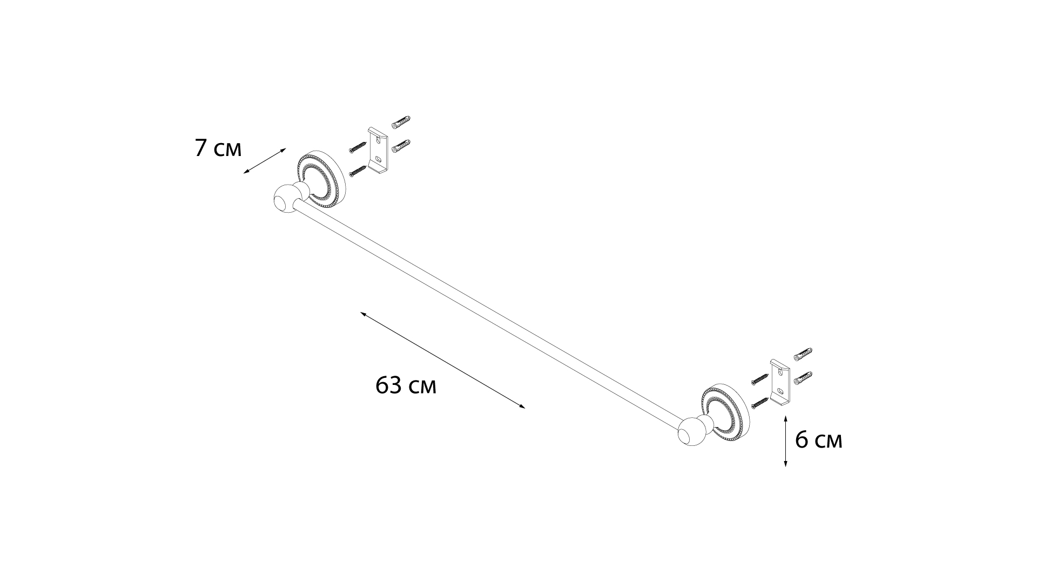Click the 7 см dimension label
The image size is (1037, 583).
218,148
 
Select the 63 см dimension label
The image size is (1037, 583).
406,385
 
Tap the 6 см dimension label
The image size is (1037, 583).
819,440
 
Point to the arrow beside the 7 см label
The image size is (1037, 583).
264,161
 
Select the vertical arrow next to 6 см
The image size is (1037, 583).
785,441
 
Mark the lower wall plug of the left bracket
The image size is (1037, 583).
402,146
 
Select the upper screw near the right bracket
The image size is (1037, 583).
760,378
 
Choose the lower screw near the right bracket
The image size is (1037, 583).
760,402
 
